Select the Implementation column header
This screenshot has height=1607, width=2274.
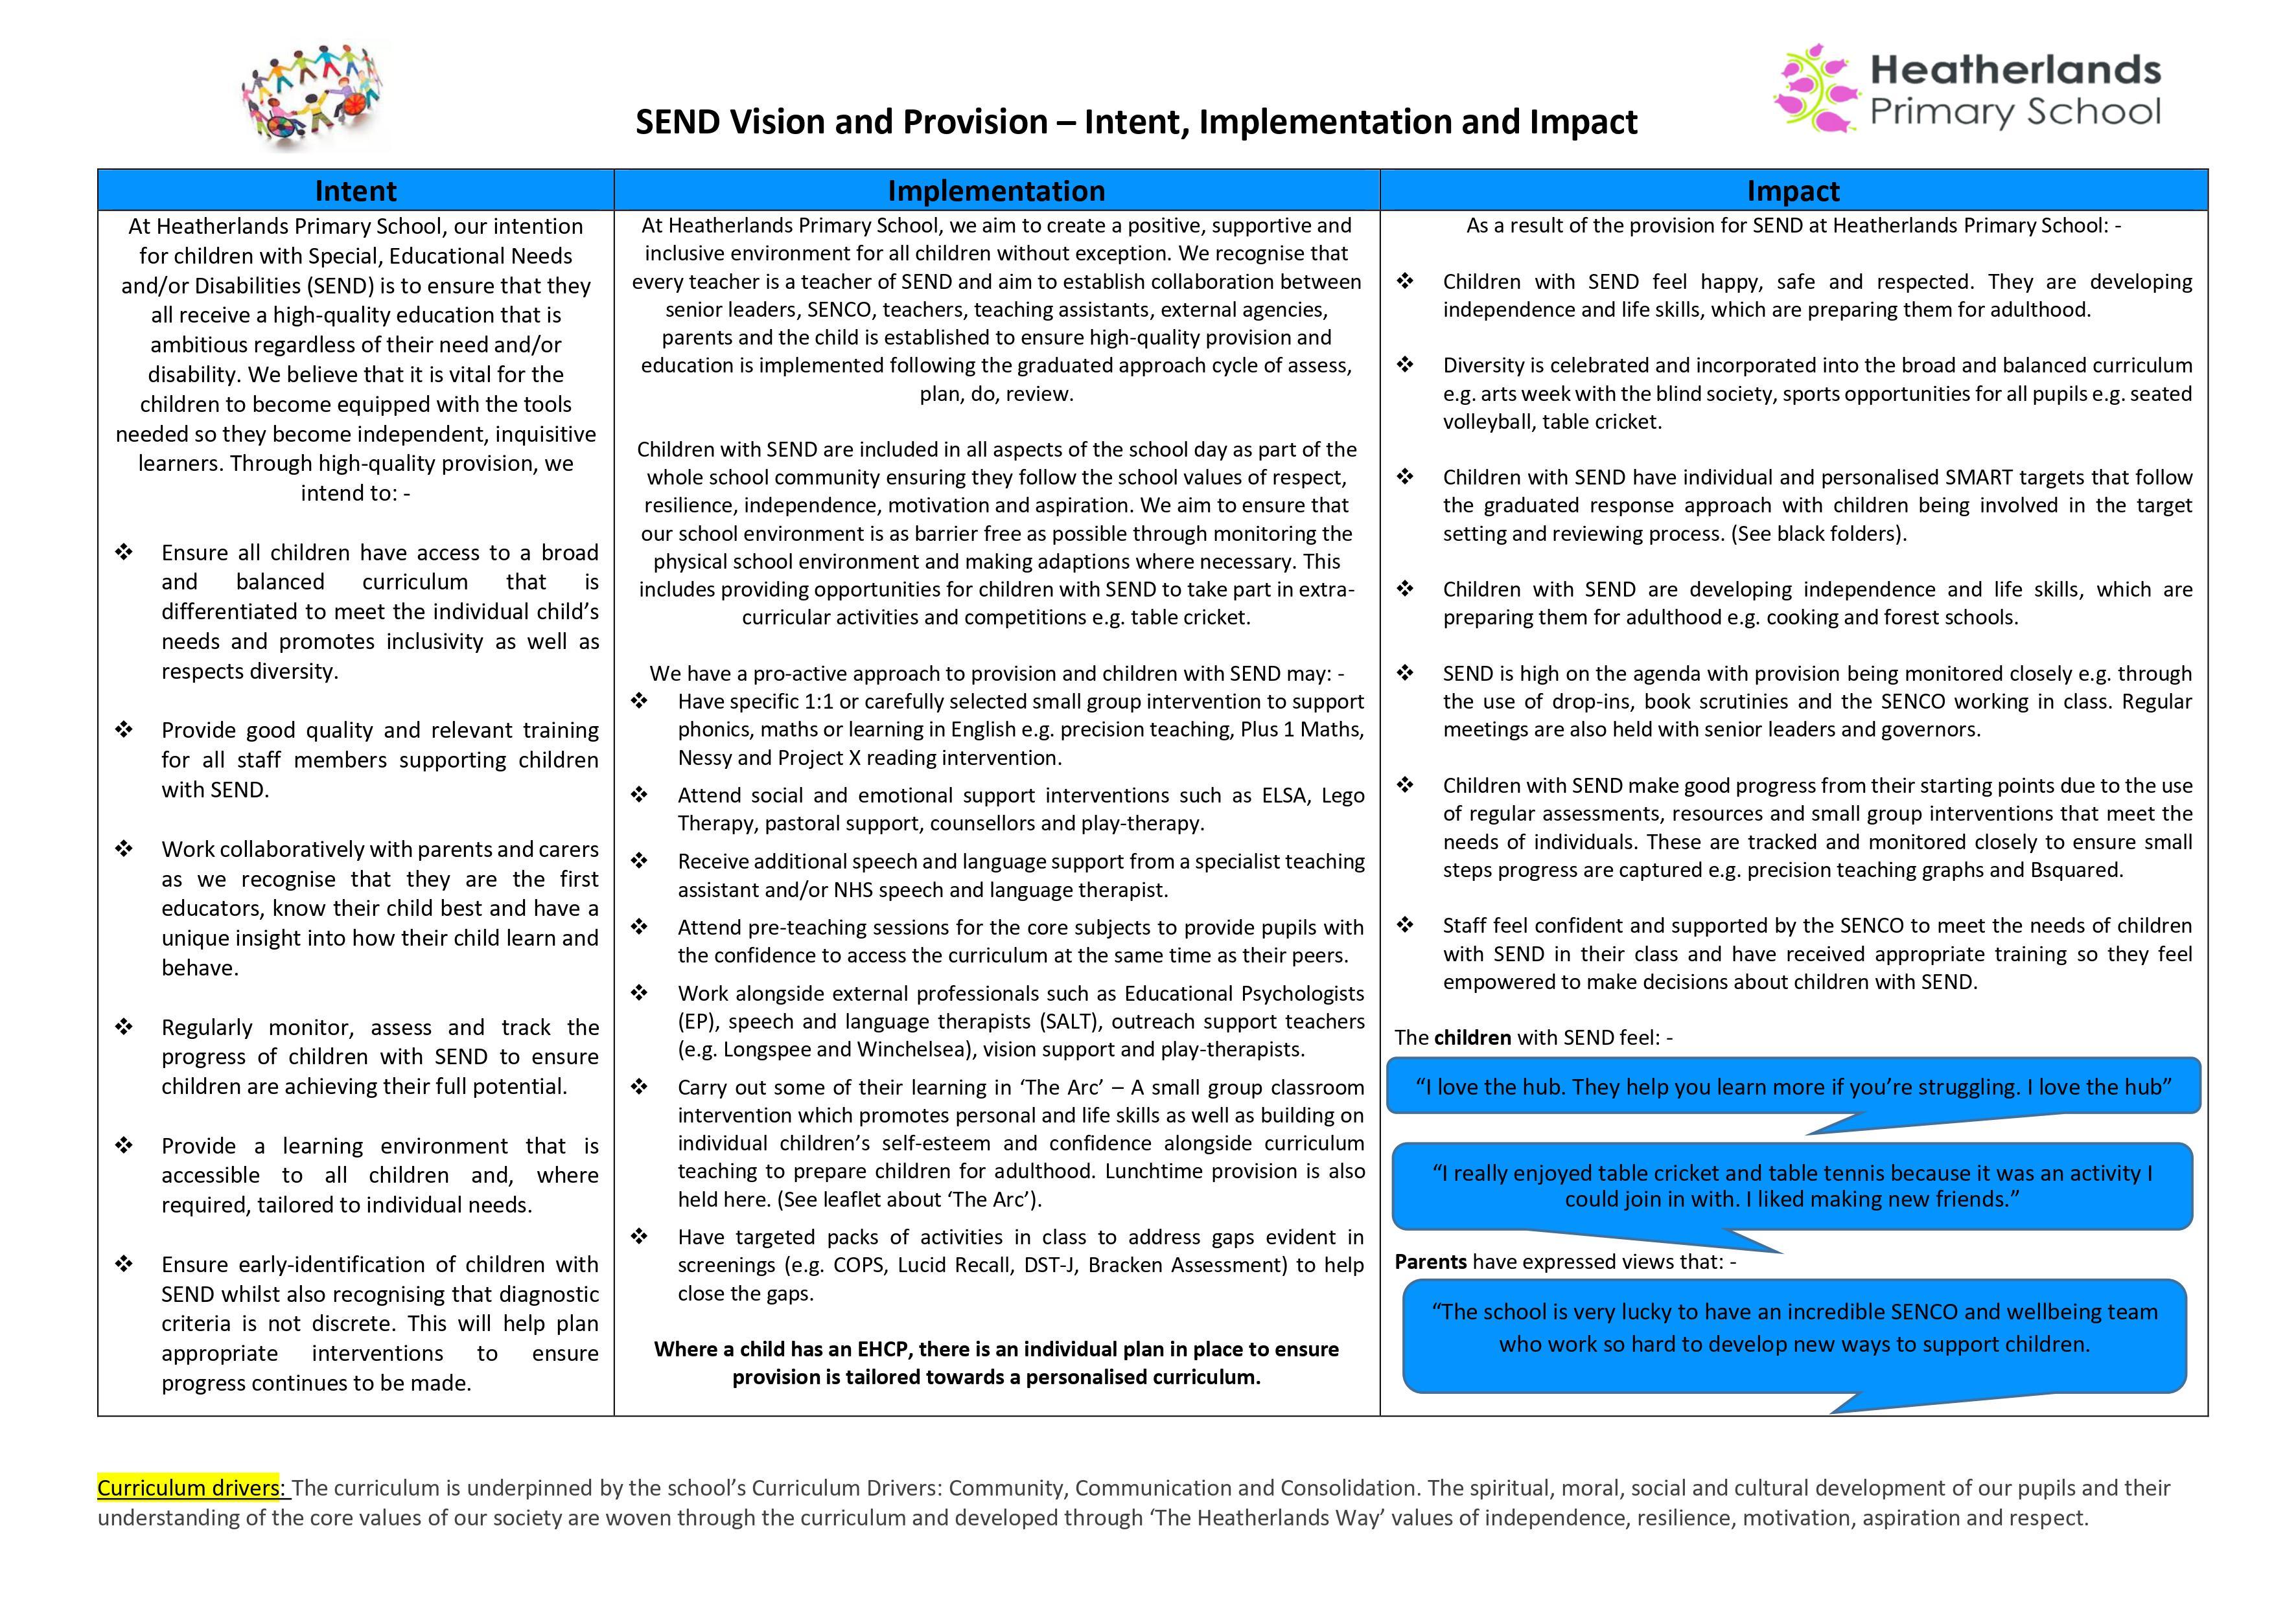coord(995,190)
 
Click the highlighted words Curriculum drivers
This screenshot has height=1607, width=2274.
coord(191,1488)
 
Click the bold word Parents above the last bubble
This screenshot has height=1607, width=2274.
coord(1430,1262)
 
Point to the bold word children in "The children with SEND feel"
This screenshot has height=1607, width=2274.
coord(1473,1038)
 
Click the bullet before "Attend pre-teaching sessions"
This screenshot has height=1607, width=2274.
coord(639,928)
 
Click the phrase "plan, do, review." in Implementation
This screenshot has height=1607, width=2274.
coord(995,394)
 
